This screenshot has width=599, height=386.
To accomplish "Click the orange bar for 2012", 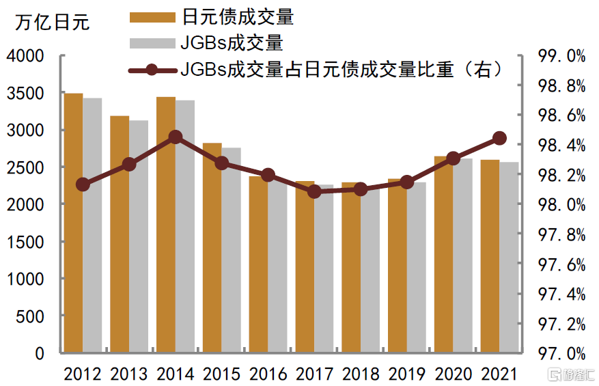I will (74, 223).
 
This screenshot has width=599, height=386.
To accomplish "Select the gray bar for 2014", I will (184, 226).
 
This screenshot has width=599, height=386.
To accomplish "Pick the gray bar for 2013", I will (139, 236).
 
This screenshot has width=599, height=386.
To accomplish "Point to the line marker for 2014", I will (176, 137).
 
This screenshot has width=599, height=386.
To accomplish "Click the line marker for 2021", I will (499, 139).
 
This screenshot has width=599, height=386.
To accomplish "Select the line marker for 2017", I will (314, 191).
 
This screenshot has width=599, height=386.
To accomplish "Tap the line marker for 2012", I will (83, 184).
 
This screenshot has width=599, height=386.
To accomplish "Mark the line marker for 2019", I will (406, 182).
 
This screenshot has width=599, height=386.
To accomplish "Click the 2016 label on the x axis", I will (268, 374).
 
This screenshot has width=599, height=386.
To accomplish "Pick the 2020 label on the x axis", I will (453, 374).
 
